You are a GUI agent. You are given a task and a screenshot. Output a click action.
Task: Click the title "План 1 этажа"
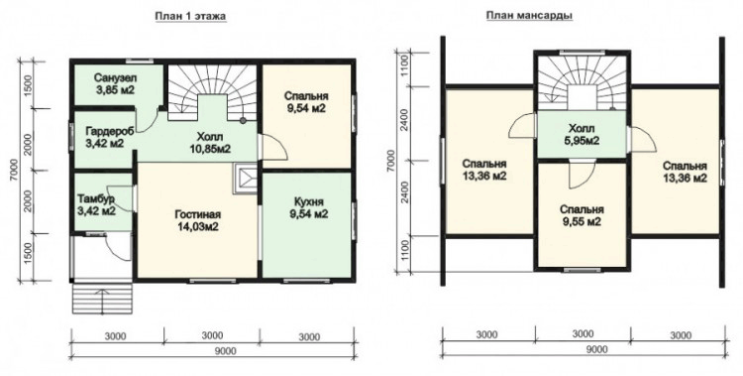[x=191, y=16]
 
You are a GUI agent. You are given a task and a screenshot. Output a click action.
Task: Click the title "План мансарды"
[x=530, y=16]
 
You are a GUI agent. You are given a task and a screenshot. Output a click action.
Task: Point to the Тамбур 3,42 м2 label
[x=97, y=204]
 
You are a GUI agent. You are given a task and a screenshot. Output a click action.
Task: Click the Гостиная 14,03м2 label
[x=197, y=221]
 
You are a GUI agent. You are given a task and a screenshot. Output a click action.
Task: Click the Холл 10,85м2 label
[x=209, y=143]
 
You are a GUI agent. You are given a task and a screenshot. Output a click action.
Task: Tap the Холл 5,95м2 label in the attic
[x=582, y=134]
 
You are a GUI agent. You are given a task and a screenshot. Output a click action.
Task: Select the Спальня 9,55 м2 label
[x=582, y=215]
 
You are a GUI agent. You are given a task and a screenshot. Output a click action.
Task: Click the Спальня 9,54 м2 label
[x=306, y=102]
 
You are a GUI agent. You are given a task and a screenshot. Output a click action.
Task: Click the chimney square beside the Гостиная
[x=246, y=179]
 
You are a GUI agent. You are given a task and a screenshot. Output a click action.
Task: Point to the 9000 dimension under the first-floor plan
[x=212, y=351]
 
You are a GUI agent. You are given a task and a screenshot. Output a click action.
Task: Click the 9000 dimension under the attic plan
[x=584, y=349]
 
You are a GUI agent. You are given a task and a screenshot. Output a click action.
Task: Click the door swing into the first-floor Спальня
[x=274, y=148]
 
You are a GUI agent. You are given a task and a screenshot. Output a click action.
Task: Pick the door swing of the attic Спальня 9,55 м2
[x=582, y=175]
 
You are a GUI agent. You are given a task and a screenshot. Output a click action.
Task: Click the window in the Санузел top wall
[x=140, y=61]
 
